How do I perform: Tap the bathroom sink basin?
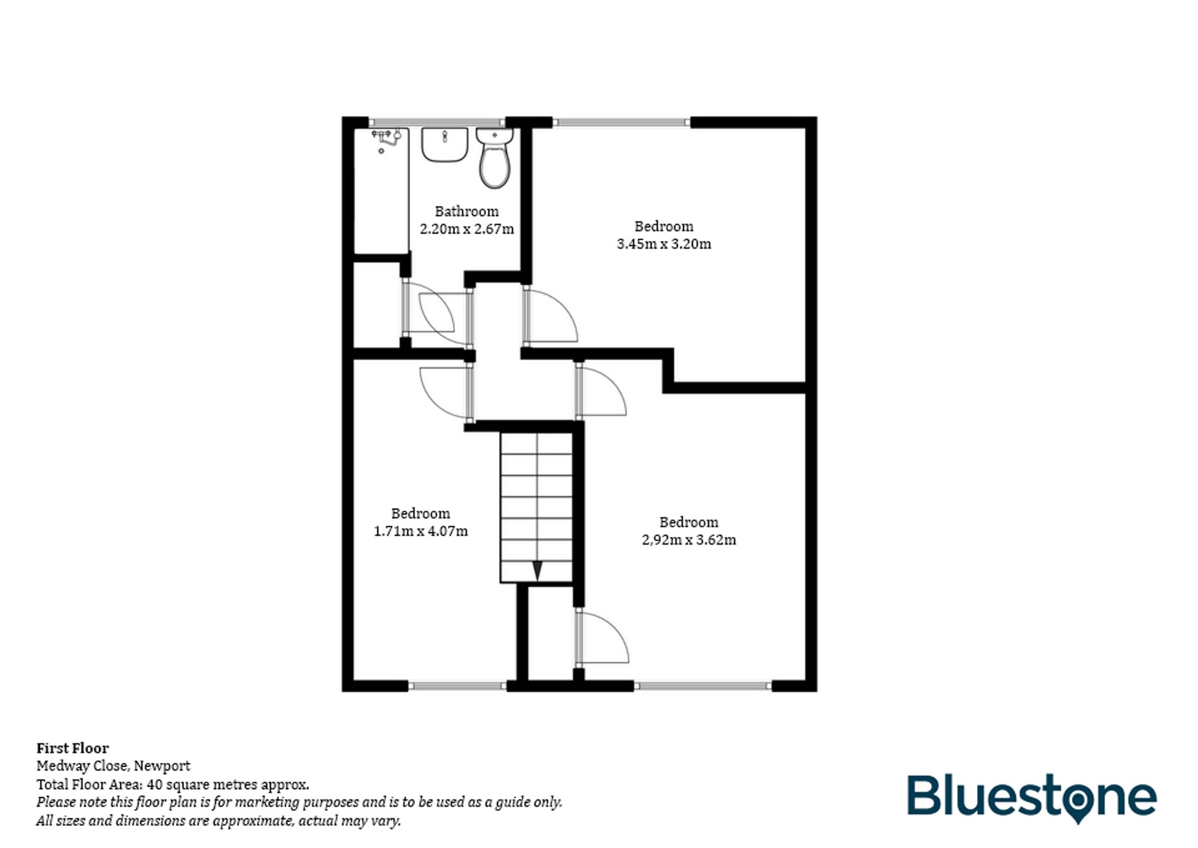point(444,144)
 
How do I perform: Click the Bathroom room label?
point(467,212)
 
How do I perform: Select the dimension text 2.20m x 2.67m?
point(467,229)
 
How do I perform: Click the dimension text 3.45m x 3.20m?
point(664,244)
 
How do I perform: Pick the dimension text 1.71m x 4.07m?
point(420,532)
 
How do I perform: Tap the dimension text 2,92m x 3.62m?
point(689,540)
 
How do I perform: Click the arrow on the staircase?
point(537,571)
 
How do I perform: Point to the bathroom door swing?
point(436,314)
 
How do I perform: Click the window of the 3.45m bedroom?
point(621,122)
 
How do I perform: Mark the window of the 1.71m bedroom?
point(458,686)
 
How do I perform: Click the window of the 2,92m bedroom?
point(703,686)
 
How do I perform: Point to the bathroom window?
point(437,122)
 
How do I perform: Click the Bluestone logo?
point(1031,798)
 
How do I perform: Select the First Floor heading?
point(72,749)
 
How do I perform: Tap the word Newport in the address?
point(162,766)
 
